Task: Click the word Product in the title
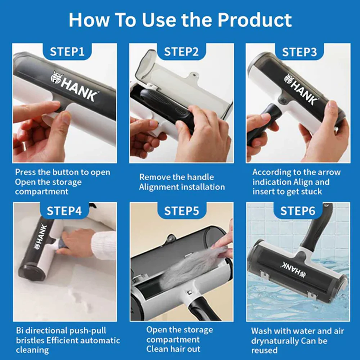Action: click(255, 20)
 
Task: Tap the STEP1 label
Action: click(67, 51)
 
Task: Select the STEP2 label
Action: click(181, 51)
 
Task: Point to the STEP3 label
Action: click(300, 52)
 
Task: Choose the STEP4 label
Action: click(64, 211)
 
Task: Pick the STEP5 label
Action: click(181, 211)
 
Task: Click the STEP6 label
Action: click(298, 211)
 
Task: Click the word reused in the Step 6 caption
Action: click(264, 351)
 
